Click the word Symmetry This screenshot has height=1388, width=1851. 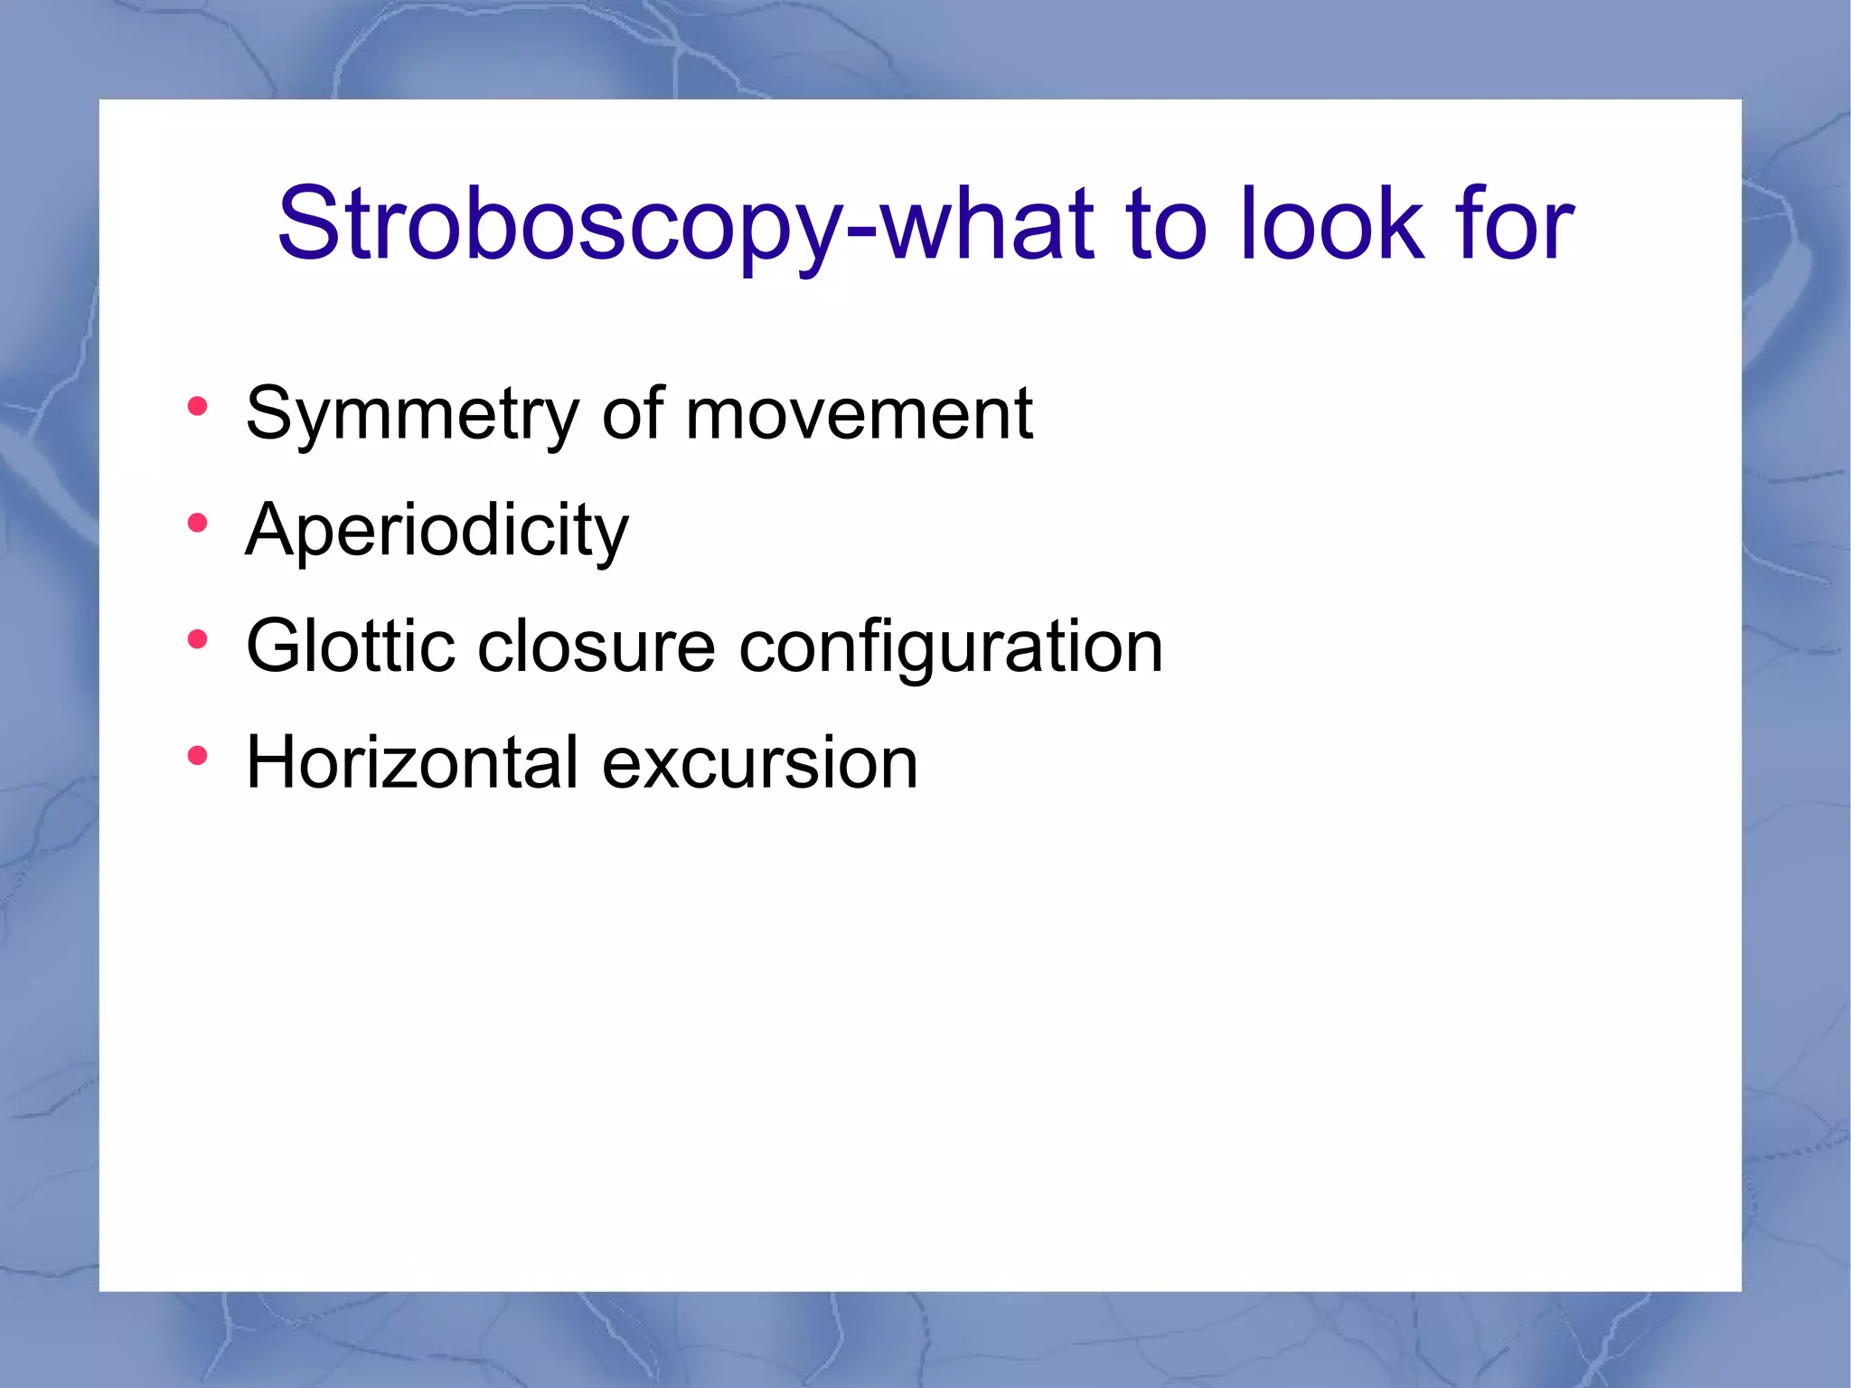pyautogui.click(x=412, y=416)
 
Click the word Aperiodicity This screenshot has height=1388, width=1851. pyautogui.click(x=437, y=532)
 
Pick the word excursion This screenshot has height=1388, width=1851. pyautogui.click(x=759, y=764)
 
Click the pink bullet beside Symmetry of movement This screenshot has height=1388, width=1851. pyautogui.click(x=197, y=406)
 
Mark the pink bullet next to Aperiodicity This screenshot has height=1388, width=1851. pyautogui.click(x=197, y=523)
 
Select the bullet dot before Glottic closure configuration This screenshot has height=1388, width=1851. pyautogui.click(x=197, y=639)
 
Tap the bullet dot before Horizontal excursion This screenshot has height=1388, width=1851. pyautogui.click(x=197, y=755)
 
